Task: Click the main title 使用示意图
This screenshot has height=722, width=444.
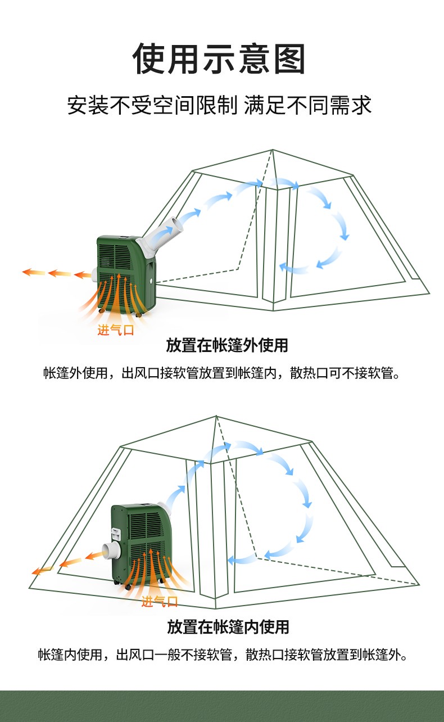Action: tap(219, 59)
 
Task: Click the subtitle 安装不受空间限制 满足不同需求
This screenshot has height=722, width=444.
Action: tap(219, 105)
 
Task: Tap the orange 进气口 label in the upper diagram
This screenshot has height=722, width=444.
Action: tap(116, 330)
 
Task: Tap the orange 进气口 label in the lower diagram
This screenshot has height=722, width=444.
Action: tap(160, 602)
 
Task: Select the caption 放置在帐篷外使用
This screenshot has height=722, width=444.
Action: tap(227, 345)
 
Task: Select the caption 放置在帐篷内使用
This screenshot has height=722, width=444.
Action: tap(228, 626)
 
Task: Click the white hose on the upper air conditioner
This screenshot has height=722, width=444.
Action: tap(161, 235)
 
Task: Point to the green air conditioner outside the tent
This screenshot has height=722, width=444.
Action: tap(126, 276)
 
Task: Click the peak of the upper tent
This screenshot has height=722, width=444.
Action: tap(272, 150)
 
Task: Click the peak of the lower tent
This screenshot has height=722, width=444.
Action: tap(216, 416)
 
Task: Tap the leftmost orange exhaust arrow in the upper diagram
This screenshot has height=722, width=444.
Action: tap(34, 272)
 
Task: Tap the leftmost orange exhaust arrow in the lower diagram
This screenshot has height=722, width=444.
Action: tap(42, 570)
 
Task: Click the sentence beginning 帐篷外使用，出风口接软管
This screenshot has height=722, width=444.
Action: tap(222, 373)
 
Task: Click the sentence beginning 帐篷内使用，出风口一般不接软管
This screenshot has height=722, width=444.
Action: tap(223, 655)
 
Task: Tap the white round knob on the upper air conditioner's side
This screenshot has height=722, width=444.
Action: tap(152, 280)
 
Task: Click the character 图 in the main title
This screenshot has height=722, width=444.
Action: tap(289, 59)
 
